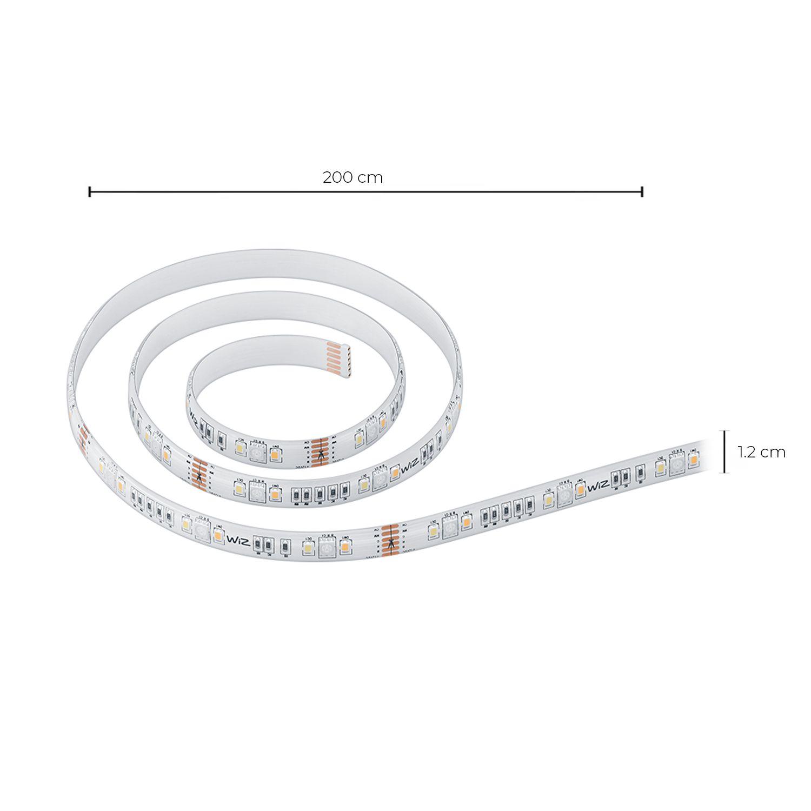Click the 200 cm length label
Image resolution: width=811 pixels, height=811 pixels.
(353, 177)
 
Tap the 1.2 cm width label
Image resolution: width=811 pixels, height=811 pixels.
(762, 452)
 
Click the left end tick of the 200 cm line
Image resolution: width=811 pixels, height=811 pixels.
(90, 191)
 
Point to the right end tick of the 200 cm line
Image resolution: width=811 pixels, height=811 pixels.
(642, 191)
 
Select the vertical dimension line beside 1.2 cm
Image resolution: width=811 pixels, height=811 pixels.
(726, 451)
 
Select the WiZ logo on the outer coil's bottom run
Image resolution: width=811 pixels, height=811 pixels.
(238, 540)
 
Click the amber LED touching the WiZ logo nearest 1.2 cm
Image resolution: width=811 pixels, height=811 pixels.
(580, 489)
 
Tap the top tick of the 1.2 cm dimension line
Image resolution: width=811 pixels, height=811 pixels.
(726, 431)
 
